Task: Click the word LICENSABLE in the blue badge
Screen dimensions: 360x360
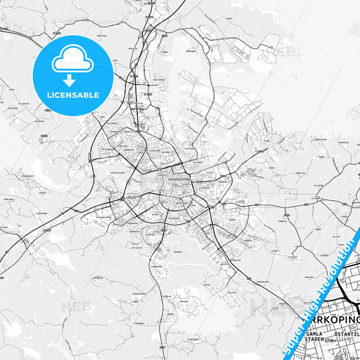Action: pyautogui.click(x=73, y=95)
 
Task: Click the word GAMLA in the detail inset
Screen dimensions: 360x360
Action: pyautogui.click(x=313, y=334)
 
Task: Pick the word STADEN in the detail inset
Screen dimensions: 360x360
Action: pyautogui.click(x=314, y=340)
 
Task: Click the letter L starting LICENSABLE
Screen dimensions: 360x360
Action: pyautogui.click(x=47, y=95)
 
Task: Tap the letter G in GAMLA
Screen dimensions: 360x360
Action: pyautogui.click(x=307, y=334)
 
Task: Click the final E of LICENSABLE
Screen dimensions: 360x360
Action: pyautogui.click(x=98, y=95)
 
